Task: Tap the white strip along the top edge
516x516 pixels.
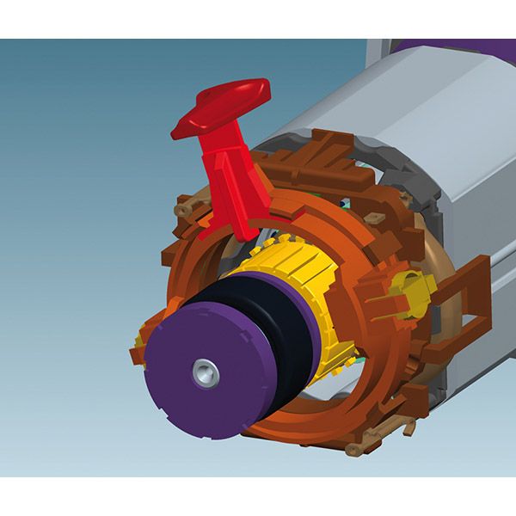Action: (x=258, y=19)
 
